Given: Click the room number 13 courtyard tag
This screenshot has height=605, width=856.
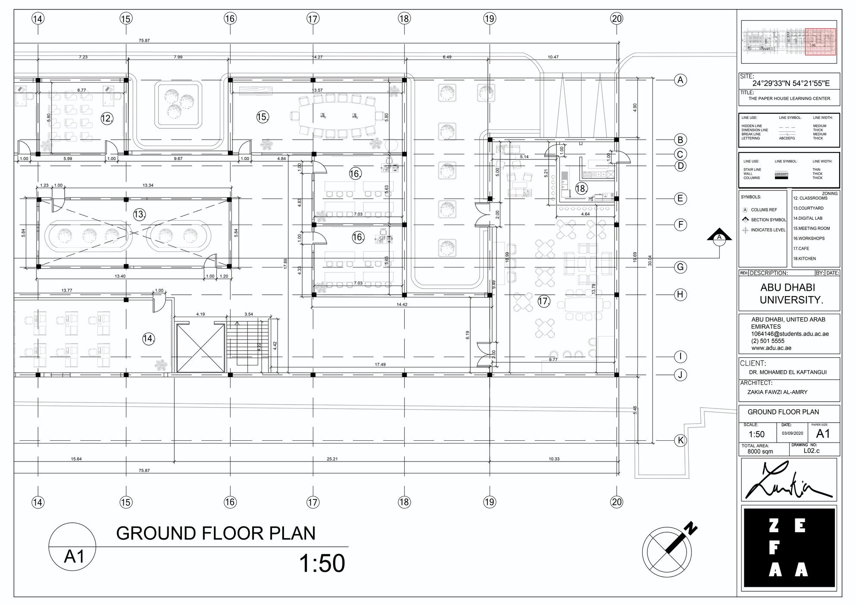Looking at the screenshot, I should pyautogui.click(x=139, y=214).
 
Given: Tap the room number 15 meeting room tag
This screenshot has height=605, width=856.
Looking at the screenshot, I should pyautogui.click(x=262, y=117).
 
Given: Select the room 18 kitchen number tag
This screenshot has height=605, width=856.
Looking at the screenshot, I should pyautogui.click(x=581, y=188).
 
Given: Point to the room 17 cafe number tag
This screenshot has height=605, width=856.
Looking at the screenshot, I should pyautogui.click(x=544, y=301).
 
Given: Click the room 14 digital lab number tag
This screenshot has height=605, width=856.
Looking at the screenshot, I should pyautogui.click(x=148, y=339).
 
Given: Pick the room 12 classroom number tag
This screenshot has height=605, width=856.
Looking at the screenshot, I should pyautogui.click(x=107, y=118).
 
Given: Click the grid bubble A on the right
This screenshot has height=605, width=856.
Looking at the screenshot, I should pyautogui.click(x=680, y=80).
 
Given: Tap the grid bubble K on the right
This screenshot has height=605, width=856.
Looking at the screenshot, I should pyautogui.click(x=680, y=440).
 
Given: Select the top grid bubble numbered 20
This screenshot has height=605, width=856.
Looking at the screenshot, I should pyautogui.click(x=617, y=19).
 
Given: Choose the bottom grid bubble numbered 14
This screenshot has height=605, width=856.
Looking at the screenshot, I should pyautogui.click(x=38, y=502).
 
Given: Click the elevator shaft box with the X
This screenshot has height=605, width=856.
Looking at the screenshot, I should pyautogui.click(x=201, y=348).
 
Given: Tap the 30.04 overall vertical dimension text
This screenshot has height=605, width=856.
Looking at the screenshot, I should pyautogui.click(x=650, y=260).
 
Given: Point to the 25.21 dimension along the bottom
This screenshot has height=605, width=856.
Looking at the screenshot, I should pyautogui.click(x=332, y=459).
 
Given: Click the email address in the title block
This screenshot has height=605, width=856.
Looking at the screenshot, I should pyautogui.click(x=790, y=334).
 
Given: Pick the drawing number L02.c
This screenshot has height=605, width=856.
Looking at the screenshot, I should pyautogui.click(x=812, y=451).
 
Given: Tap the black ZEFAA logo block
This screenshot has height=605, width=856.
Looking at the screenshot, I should pyautogui.click(x=789, y=547).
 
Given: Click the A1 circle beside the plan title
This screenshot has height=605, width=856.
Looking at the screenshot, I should pyautogui.click(x=72, y=546).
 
